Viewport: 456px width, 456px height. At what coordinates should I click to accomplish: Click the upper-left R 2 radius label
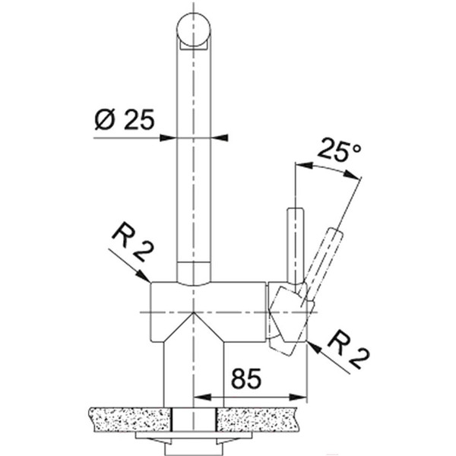(130, 242)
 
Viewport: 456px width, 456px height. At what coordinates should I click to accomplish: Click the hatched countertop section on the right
(266, 418)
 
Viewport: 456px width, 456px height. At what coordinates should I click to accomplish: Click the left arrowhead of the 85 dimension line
(200, 397)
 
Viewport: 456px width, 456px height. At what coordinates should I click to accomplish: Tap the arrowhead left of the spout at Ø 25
(170, 138)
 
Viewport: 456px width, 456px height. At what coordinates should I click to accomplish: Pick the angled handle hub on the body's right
(287, 315)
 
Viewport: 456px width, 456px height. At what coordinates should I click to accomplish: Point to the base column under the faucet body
(194, 372)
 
